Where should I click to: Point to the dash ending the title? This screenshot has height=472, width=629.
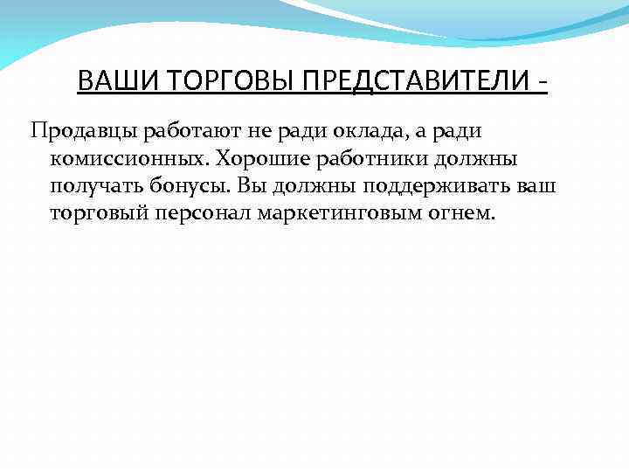click(543, 83)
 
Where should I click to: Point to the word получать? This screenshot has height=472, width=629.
click(92, 186)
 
